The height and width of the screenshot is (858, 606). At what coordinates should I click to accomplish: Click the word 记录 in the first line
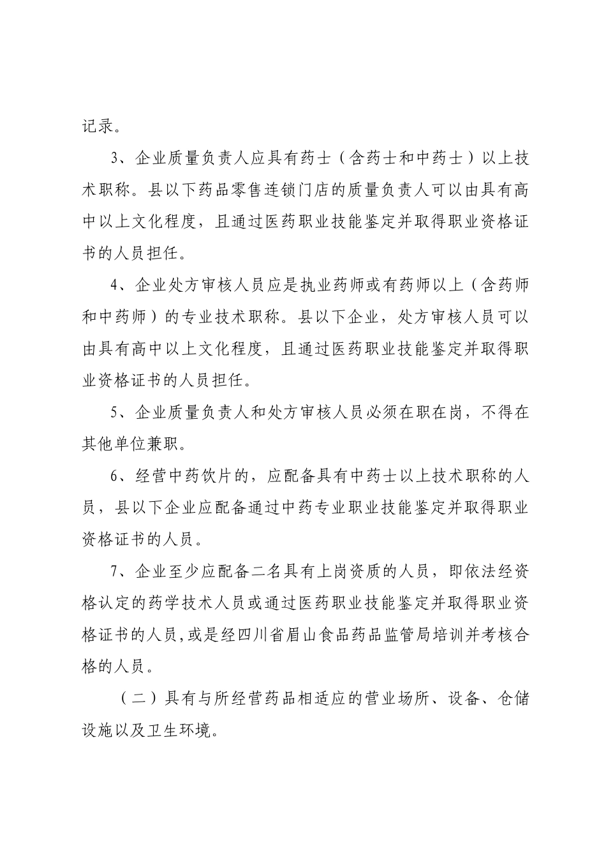tap(97, 126)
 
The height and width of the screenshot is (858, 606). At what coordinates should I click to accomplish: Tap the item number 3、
tap(119, 158)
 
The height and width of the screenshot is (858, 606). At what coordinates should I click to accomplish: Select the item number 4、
tap(119, 285)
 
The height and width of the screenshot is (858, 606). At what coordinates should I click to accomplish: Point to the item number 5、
tap(119, 412)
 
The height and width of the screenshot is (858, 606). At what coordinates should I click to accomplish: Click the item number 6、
tap(119, 476)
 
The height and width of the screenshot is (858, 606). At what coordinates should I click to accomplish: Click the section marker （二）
tap(134, 698)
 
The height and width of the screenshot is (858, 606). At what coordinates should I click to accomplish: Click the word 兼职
tap(171, 444)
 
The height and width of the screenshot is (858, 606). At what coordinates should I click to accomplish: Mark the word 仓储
tap(512, 698)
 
